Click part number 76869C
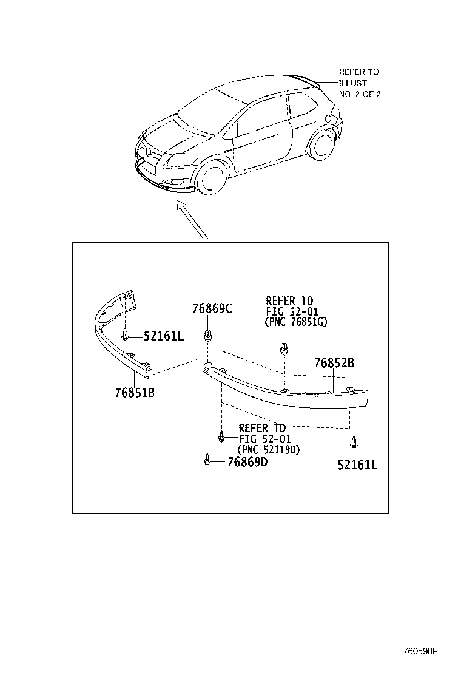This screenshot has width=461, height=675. pos(212,308)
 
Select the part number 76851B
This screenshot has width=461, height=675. pos(135,392)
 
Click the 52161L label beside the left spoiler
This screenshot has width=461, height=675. pos(164,336)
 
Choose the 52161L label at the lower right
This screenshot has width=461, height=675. pos(357,465)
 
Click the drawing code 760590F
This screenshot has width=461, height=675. pos(420,652)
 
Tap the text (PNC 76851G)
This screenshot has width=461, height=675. pos(296,322)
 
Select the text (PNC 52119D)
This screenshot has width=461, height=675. pos(269,450)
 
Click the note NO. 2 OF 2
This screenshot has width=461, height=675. pos(360,94)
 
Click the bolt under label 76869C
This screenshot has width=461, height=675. pos(208,333)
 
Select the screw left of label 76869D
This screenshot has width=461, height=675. pos(207,461)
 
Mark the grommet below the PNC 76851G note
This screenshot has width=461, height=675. pos(283,349)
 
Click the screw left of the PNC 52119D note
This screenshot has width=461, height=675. pos(221,435)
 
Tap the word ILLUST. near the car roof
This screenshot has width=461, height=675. pos(353,83)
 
